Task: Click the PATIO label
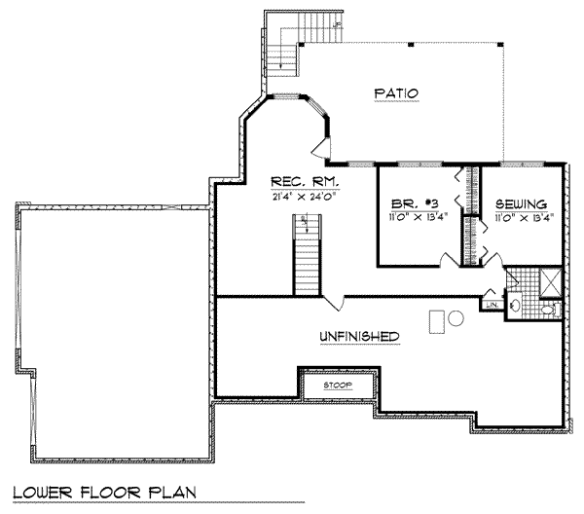pos(395,93)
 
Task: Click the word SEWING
pos(519,204)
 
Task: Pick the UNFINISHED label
pos(359,336)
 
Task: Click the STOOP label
pos(339,385)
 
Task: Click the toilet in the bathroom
pos(548,311)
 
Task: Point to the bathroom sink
pos(517,307)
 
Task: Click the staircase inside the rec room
pos(307,256)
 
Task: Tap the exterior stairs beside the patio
pos(282,49)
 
